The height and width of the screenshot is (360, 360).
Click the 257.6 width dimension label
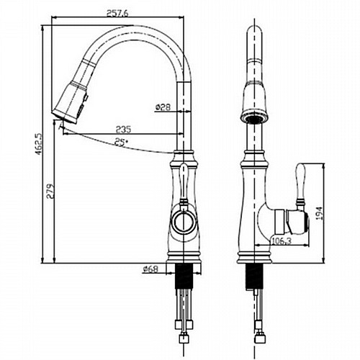pos(117,14)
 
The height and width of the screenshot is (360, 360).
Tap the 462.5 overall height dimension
pos(39,144)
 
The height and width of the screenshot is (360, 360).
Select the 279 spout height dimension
pos(50,192)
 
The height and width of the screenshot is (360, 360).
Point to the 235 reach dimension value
pos(124,130)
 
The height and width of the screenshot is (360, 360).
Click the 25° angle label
pos(121,142)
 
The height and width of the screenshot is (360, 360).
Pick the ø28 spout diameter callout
pos(163,107)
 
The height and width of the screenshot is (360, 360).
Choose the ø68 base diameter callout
pos(150,269)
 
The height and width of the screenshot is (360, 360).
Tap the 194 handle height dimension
pos(319,213)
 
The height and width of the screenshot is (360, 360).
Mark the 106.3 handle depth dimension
pos(281,240)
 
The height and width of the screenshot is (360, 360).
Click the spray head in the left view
pos(70,103)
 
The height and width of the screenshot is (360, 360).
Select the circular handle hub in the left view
pos(184,221)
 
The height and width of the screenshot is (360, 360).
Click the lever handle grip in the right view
pos(301,183)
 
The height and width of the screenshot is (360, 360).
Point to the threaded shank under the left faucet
pos(184,276)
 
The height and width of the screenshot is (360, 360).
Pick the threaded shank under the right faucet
pos(254,276)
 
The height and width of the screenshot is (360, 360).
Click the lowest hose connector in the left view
pos(184,338)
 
